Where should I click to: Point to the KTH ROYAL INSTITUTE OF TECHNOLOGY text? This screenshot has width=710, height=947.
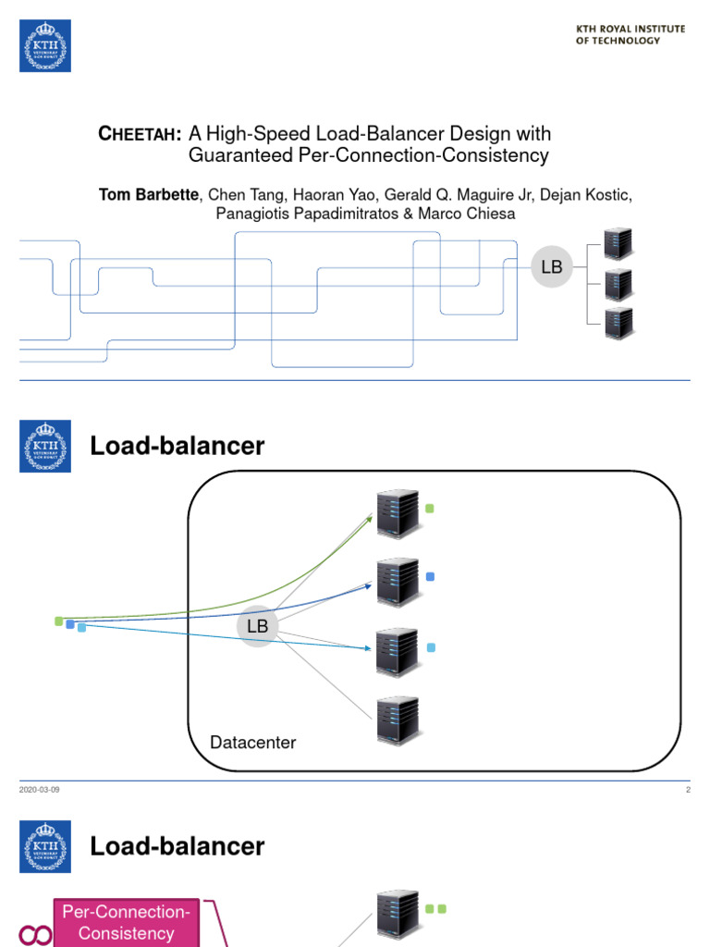coord(630,35)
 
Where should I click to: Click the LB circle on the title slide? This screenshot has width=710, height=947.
coord(551,267)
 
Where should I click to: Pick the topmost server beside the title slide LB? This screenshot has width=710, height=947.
coord(618,243)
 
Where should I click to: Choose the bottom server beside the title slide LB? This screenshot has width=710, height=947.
coord(618,324)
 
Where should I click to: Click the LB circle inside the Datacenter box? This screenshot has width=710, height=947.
coord(257,626)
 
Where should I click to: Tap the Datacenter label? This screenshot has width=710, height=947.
coord(253,743)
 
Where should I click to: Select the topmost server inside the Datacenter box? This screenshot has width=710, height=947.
coord(398,513)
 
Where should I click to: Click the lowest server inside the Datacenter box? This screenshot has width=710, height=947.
coord(398,721)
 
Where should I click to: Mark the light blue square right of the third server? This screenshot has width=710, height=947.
coord(430,647)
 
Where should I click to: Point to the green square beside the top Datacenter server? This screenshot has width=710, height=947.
coord(429,508)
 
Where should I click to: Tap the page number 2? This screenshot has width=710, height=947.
coord(688,790)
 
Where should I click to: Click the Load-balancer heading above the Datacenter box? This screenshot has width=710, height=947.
coord(177,447)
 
